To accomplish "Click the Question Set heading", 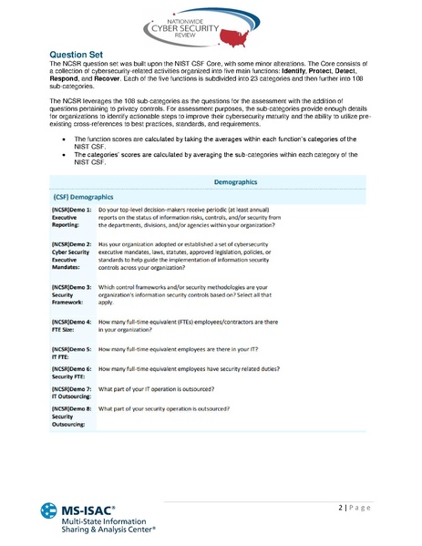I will tap(77, 55).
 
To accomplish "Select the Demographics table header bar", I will tap(235, 182).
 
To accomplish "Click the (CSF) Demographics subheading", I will tap(83, 196).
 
